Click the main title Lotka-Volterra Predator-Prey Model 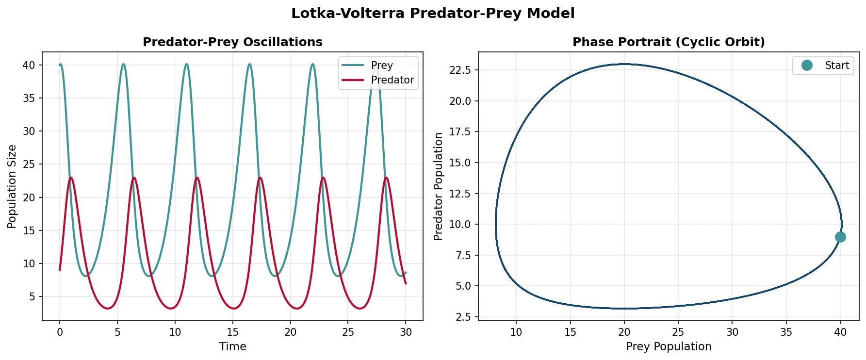[x=433, y=13]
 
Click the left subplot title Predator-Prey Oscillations [x=232, y=42]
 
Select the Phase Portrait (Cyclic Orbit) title [x=668, y=42]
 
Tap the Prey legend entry [x=381, y=65]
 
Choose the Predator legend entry [x=392, y=80]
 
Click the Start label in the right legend [x=836, y=65]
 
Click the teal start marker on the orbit [x=840, y=237]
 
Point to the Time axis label [x=232, y=346]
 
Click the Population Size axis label [x=12, y=186]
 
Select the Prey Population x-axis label [x=668, y=346]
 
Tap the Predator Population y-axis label [x=439, y=186]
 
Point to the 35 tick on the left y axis [x=29, y=98]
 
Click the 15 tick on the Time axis [x=232, y=332]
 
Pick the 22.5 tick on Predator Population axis [x=460, y=70]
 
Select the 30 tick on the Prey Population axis [x=732, y=332]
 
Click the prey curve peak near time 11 [x=186, y=64]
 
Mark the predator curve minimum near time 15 [x=234, y=308]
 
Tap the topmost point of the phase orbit [x=625, y=64]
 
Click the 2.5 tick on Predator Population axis [x=463, y=317]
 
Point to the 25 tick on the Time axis [x=348, y=332]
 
